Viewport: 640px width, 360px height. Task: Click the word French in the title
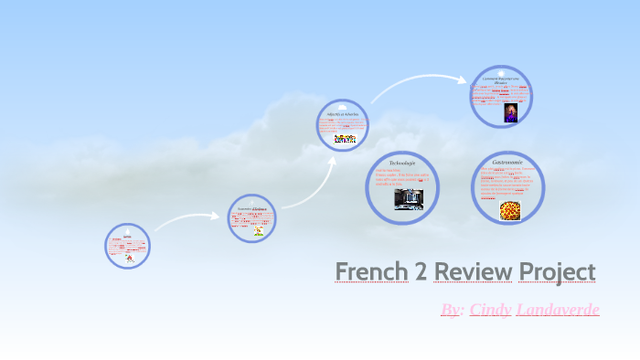[x=371, y=271]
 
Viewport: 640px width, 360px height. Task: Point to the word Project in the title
[x=557, y=272]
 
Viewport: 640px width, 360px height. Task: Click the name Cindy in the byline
[x=491, y=310]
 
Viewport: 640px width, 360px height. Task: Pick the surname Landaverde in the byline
[x=558, y=310]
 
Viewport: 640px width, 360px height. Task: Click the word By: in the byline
[x=452, y=310]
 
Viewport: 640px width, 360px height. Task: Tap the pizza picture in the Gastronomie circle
[x=510, y=211]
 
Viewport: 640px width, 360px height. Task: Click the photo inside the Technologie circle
[x=409, y=199]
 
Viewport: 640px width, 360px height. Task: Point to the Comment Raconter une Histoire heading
[x=501, y=80]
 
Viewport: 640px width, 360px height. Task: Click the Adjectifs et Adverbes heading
[x=344, y=114]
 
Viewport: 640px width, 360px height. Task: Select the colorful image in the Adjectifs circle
[x=345, y=138]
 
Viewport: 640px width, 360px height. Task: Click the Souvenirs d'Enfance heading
[x=252, y=209]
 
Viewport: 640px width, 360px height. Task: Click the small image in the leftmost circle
[x=129, y=258]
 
